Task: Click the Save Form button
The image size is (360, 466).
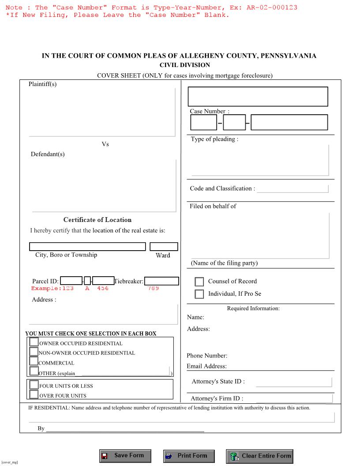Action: [125, 456]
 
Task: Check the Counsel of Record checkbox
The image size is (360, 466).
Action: [199, 282]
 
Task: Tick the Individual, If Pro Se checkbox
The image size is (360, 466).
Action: [199, 294]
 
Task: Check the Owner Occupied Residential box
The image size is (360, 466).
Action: [34, 342]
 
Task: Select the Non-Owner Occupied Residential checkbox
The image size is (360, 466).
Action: [34, 352]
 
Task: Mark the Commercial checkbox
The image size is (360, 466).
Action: [34, 362]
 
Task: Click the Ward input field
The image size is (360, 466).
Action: [164, 247]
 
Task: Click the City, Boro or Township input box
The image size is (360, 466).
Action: [87, 247]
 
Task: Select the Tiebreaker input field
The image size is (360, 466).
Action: [161, 281]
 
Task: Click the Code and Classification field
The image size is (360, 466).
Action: [292, 189]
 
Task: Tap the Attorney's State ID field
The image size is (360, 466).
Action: [293, 382]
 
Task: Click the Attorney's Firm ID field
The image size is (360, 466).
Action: [293, 398]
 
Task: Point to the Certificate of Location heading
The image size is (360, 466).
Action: [97, 220]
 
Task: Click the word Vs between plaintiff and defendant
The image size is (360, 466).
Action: [105, 144]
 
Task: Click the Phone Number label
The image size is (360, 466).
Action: [207, 356]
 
